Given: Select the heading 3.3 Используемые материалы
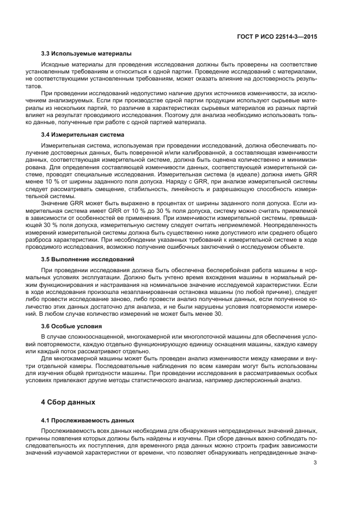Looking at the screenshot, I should point(86,54).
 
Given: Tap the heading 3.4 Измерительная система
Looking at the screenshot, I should point(83,134).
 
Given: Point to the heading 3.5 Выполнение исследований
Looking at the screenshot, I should point(88,259).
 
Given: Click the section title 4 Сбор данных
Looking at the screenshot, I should point(68,403).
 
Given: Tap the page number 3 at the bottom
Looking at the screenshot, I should point(315,463).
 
